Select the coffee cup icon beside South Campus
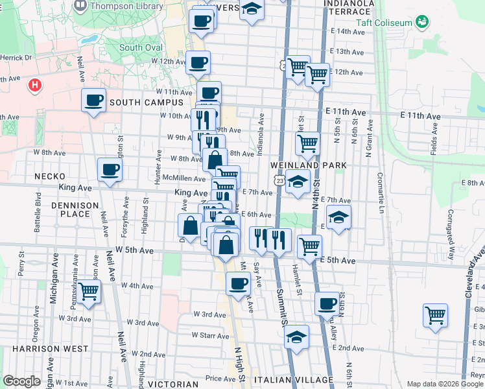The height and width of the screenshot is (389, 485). pos(94,100)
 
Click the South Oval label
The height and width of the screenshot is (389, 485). pos(140,47)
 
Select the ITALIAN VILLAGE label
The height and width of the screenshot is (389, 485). pos(294,379)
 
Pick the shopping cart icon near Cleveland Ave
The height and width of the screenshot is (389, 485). pos(435,316)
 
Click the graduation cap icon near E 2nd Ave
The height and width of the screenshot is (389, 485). pos(296,337)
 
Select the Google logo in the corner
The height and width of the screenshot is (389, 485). pos(21,381)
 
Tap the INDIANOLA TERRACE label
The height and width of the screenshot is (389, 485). pos(349,7)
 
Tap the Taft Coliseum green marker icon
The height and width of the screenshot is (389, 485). pos(423,23)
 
